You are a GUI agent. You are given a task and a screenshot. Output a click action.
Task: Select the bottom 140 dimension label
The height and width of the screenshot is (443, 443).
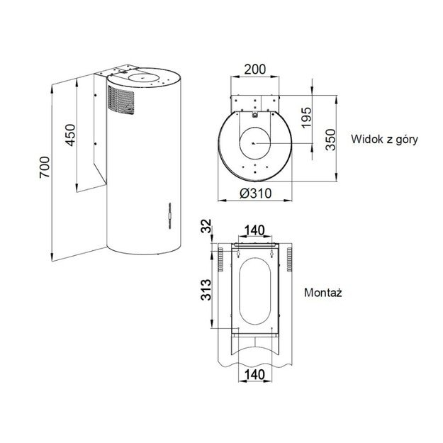pos(254,374)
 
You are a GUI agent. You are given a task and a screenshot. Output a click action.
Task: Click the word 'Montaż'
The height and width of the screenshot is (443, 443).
pos(323,292)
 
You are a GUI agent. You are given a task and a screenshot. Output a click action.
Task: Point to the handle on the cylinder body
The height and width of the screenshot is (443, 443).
pos(169,213)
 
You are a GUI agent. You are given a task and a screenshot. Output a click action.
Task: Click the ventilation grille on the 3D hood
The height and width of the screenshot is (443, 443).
pos(122,99)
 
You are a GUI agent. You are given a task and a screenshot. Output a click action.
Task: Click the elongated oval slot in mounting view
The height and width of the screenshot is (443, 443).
pos(254,291)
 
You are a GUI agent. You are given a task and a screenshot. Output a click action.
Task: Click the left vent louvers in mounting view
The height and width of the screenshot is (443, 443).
pos(220,259)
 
